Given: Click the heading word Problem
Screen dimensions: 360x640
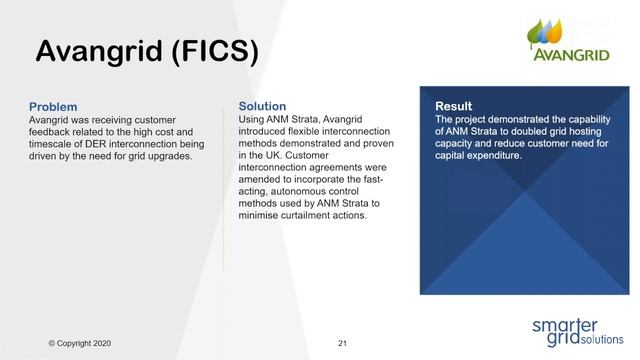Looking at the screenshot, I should tap(53, 107).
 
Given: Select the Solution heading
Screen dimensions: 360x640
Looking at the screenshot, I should tap(262, 106).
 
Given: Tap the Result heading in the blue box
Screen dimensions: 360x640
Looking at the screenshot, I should tap(453, 106).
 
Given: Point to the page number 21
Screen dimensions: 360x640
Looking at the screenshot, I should tap(342, 343).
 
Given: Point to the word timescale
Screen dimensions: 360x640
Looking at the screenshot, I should tap(52, 144).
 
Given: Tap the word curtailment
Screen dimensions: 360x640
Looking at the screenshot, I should tap(307, 216).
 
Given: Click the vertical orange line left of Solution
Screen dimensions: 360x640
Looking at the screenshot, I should tap(224, 185).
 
